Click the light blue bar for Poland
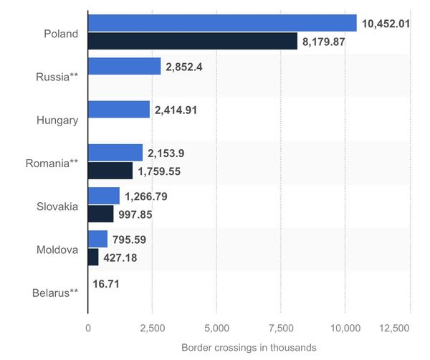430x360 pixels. point(222,23)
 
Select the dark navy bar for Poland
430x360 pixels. point(192,42)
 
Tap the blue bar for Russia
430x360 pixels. point(124,67)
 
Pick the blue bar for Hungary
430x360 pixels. point(119,110)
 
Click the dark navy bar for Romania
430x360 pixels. point(110,171)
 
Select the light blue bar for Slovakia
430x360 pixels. point(104,196)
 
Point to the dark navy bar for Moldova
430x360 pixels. point(93,257)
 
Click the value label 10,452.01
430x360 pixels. point(386,24)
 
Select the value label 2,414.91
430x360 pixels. point(176,110)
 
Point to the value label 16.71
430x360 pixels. point(106,283)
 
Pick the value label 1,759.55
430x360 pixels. point(161,171)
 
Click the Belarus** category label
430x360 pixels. point(55,293)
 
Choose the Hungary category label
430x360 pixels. point(57,120)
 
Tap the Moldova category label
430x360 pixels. point(57,250)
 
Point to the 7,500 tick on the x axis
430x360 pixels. point(281,328)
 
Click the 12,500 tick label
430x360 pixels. point(410,328)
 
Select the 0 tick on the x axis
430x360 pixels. point(87,328)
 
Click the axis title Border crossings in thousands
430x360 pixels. point(248,348)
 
